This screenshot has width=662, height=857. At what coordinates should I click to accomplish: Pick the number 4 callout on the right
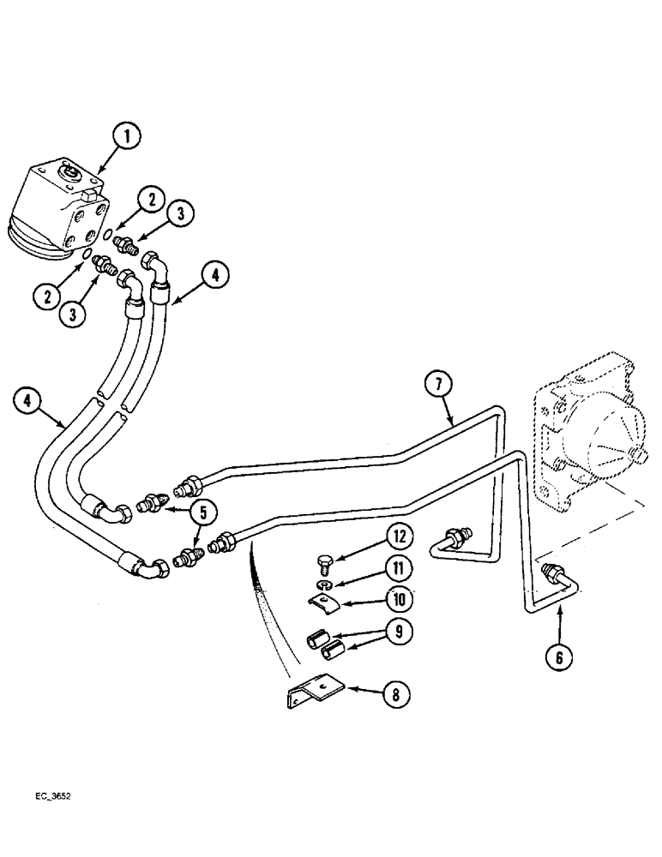point(215,276)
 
